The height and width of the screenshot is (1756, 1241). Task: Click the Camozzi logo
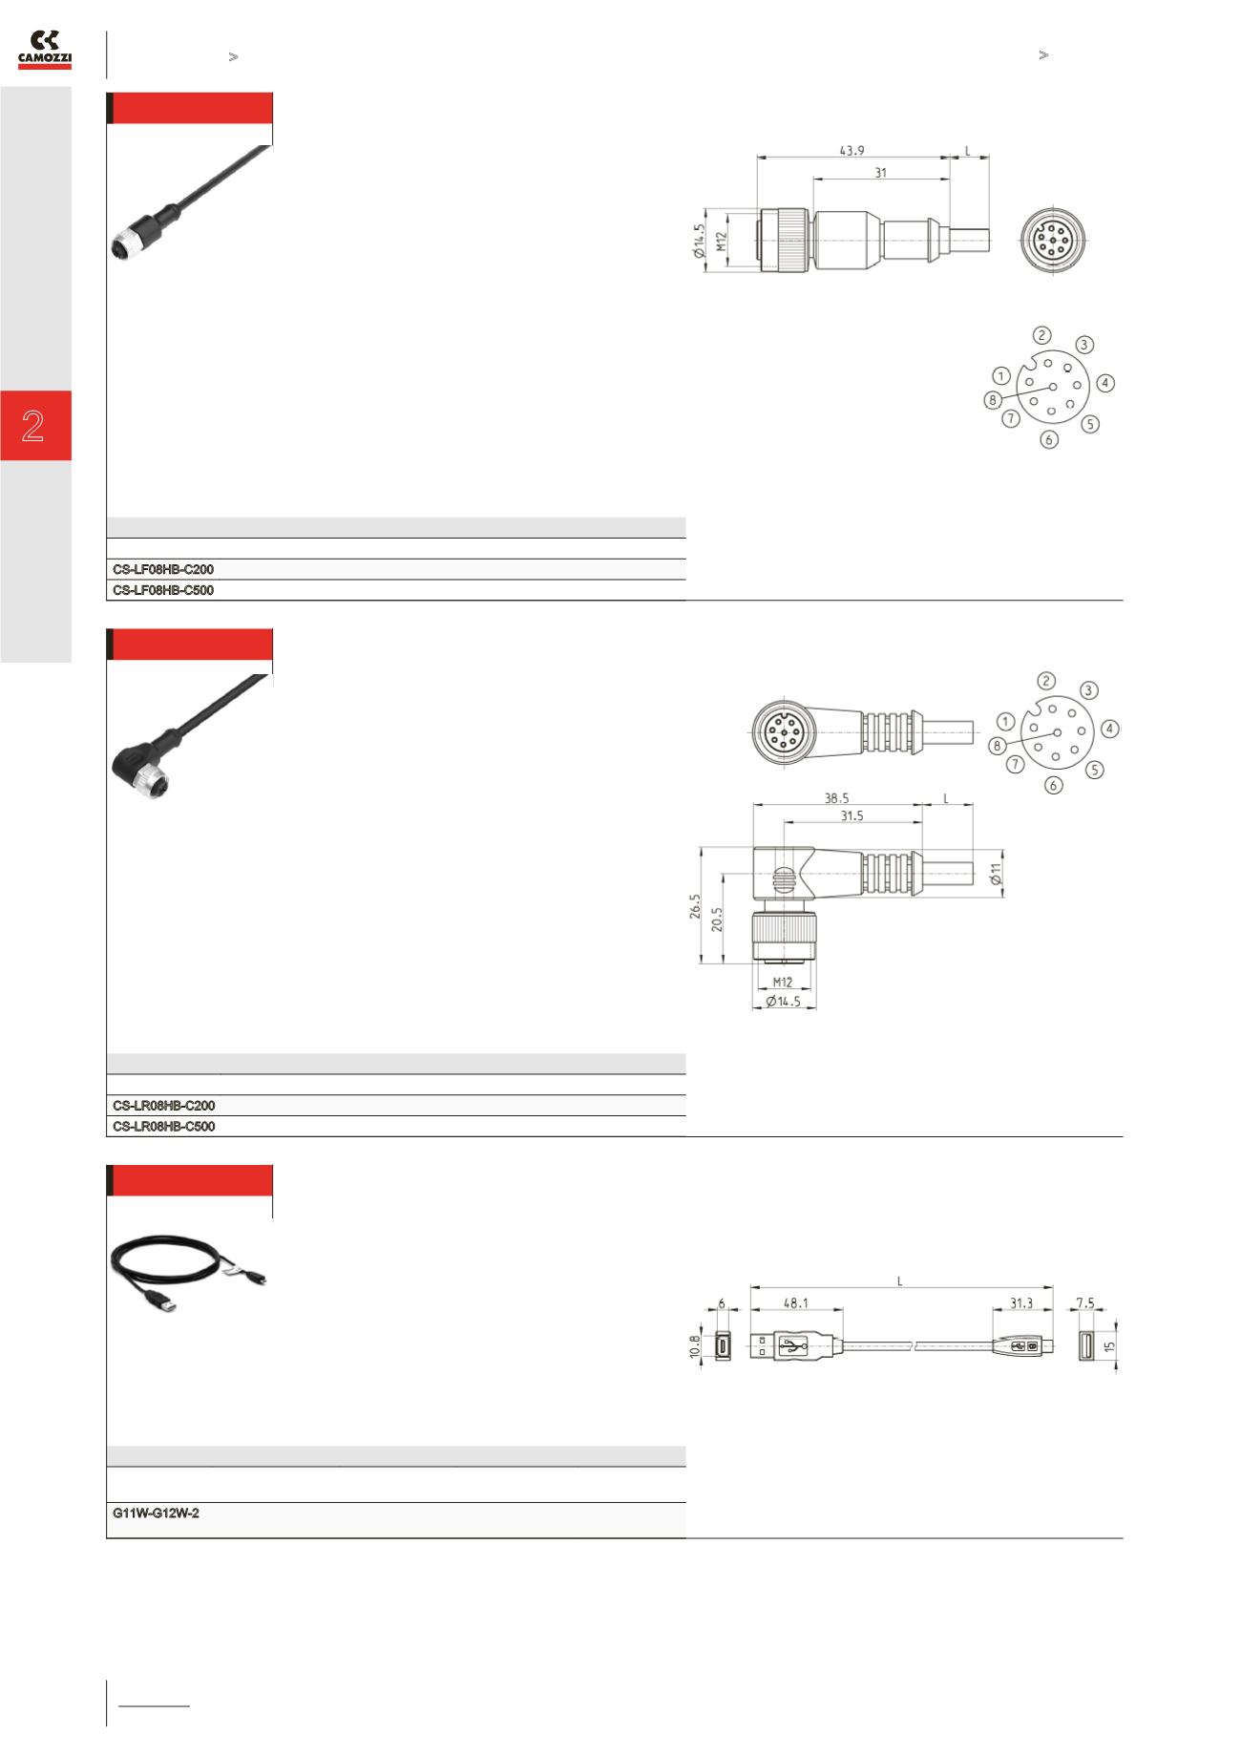(x=45, y=50)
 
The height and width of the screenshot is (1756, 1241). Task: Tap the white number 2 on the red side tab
(x=33, y=426)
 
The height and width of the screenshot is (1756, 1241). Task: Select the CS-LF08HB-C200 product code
(x=163, y=569)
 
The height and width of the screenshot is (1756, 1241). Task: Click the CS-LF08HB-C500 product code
(x=163, y=590)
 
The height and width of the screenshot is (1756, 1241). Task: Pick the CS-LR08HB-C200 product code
(x=163, y=1106)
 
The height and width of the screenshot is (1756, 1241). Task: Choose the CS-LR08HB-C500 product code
(x=163, y=1127)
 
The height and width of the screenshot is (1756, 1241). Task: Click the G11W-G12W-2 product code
(x=156, y=1513)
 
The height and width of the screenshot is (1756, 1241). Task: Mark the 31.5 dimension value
(x=852, y=815)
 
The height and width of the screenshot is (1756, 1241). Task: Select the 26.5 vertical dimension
(x=694, y=906)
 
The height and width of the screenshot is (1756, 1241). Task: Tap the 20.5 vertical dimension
(x=716, y=919)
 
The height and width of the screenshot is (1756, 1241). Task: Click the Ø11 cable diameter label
(x=996, y=873)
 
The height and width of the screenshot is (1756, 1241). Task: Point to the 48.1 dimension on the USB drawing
(x=796, y=1301)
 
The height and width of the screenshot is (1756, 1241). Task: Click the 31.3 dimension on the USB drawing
(x=1021, y=1301)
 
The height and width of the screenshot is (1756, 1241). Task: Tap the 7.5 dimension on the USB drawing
(x=1085, y=1301)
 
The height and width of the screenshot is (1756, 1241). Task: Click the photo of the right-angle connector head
(x=134, y=763)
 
